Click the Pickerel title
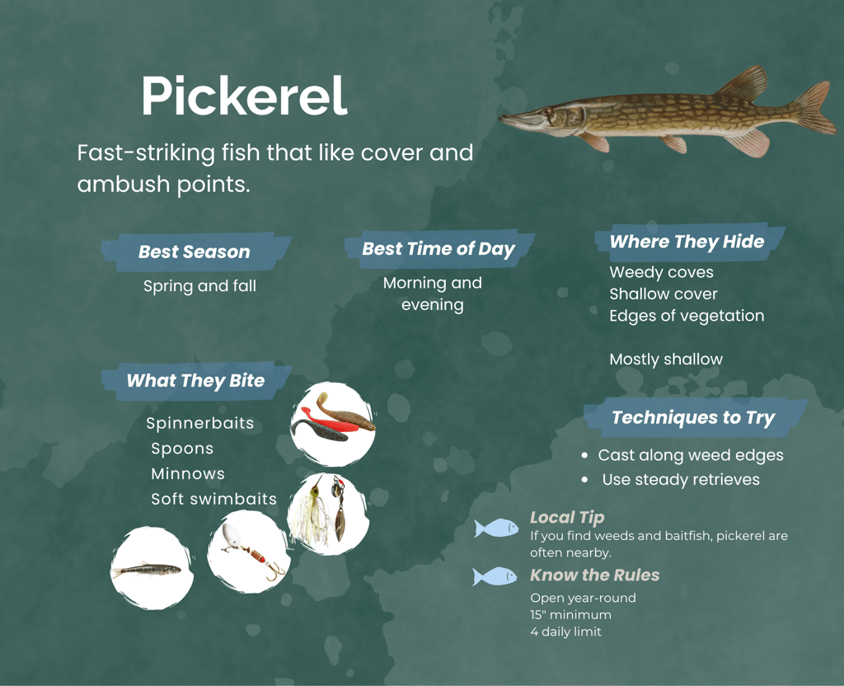[244, 97]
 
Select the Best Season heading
[195, 252]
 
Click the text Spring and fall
[199, 286]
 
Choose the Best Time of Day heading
[438, 249]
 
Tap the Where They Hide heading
[687, 242]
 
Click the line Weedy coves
[661, 272]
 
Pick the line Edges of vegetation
[687, 316]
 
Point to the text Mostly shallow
[666, 359]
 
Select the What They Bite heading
[195, 381]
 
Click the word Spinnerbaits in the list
[200, 424]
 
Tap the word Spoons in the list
[182, 449]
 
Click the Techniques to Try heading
[693, 417]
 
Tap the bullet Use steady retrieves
[681, 480]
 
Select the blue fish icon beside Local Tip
[496, 528]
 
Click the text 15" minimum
[570, 615]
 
